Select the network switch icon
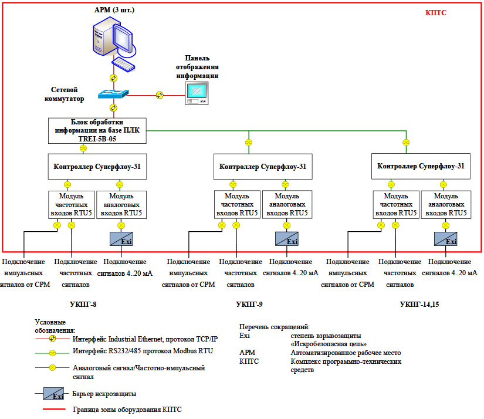114,94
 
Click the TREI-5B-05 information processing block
97,131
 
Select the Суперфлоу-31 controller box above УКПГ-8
97,166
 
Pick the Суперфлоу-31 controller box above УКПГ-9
262,167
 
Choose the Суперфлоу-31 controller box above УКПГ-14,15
421,166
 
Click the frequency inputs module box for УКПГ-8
70,204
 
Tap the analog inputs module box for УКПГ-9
287,204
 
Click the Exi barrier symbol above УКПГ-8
121,239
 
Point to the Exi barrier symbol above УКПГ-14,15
446,239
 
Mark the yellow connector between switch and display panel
160,94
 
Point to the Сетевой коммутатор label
66,94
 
